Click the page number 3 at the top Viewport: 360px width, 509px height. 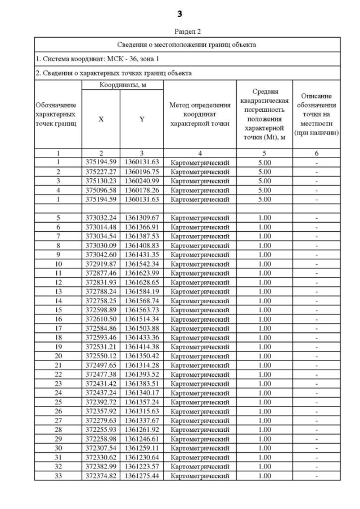click(179, 12)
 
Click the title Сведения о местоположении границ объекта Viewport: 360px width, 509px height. click(187, 44)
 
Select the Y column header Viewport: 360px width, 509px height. click(142, 119)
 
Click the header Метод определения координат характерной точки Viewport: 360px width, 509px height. click(200, 115)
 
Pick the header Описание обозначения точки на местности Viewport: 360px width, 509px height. click(317, 115)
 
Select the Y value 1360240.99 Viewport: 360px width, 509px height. click(142, 181)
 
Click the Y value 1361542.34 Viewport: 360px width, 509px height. click(142, 263)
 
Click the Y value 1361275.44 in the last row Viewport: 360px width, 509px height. click(142, 475)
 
